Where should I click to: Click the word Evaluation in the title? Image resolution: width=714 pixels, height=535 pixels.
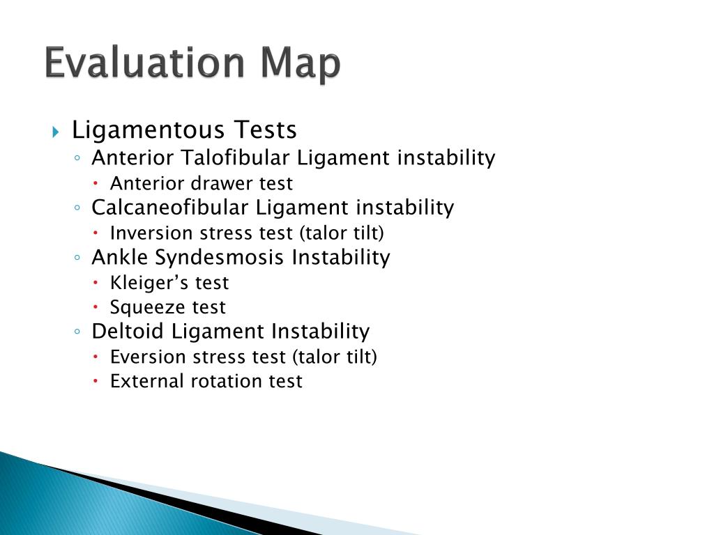[143, 63]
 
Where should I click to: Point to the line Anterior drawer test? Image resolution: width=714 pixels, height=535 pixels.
[201, 184]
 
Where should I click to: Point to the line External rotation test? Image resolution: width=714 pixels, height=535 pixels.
[206, 381]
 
